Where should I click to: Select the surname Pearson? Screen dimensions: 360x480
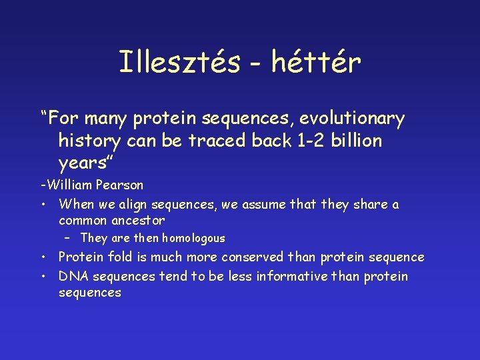[119, 185]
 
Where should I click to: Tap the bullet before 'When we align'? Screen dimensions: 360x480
[42, 205]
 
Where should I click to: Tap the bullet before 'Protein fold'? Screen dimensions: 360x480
[42, 257]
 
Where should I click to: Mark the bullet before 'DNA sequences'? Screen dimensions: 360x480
[42, 277]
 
